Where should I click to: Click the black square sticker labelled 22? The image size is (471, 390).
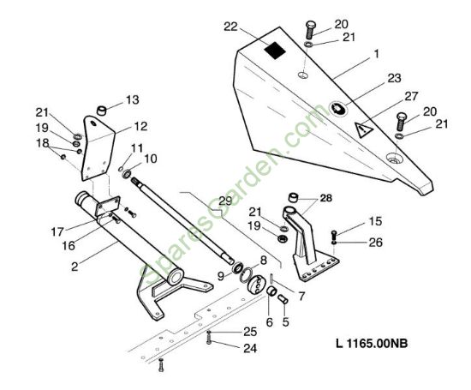coord(275,50)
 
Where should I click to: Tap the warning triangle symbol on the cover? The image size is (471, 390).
coord(364,129)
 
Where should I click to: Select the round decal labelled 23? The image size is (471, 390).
coord(338,109)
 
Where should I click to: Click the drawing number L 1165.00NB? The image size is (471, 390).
coord(372,343)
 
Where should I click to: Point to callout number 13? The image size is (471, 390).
coord(133,99)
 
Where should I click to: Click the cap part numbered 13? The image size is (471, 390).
coord(102,111)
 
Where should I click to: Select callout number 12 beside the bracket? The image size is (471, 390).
coord(141,126)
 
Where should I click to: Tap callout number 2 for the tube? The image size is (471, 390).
coord(75,267)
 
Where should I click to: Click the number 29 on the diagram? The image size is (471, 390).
coord(225,201)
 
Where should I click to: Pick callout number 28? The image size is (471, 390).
coord(326,198)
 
